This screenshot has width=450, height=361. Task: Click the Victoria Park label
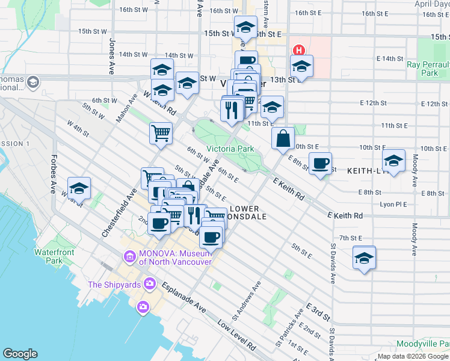[230, 149]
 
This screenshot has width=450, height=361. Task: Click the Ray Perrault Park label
[429, 68]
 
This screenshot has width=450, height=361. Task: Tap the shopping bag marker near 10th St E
[283, 139]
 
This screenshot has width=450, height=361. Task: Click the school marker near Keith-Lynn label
[393, 161]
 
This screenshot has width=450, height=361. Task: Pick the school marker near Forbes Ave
[79, 189]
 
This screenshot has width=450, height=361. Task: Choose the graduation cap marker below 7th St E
[364, 258]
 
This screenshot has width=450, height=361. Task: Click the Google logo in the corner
[20, 354]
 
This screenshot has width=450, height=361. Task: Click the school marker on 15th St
[245, 28]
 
